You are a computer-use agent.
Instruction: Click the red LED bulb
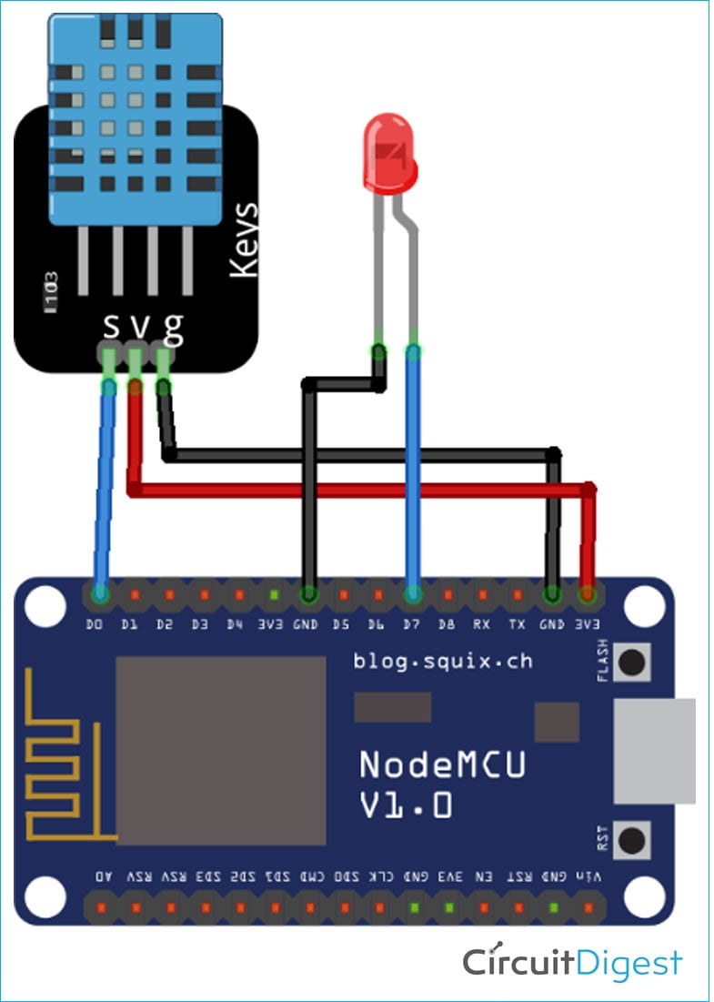click(x=390, y=155)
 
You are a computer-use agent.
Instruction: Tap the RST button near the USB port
click(x=632, y=838)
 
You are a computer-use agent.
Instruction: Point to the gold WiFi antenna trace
click(x=64, y=755)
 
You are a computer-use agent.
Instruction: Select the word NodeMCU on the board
click(x=442, y=764)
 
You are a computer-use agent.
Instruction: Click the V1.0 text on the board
click(x=406, y=805)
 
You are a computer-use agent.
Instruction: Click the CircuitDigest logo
click(x=571, y=962)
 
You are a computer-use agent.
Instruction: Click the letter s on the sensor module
click(x=110, y=325)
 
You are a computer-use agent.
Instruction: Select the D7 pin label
click(x=412, y=624)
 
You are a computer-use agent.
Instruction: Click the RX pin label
click(x=482, y=624)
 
